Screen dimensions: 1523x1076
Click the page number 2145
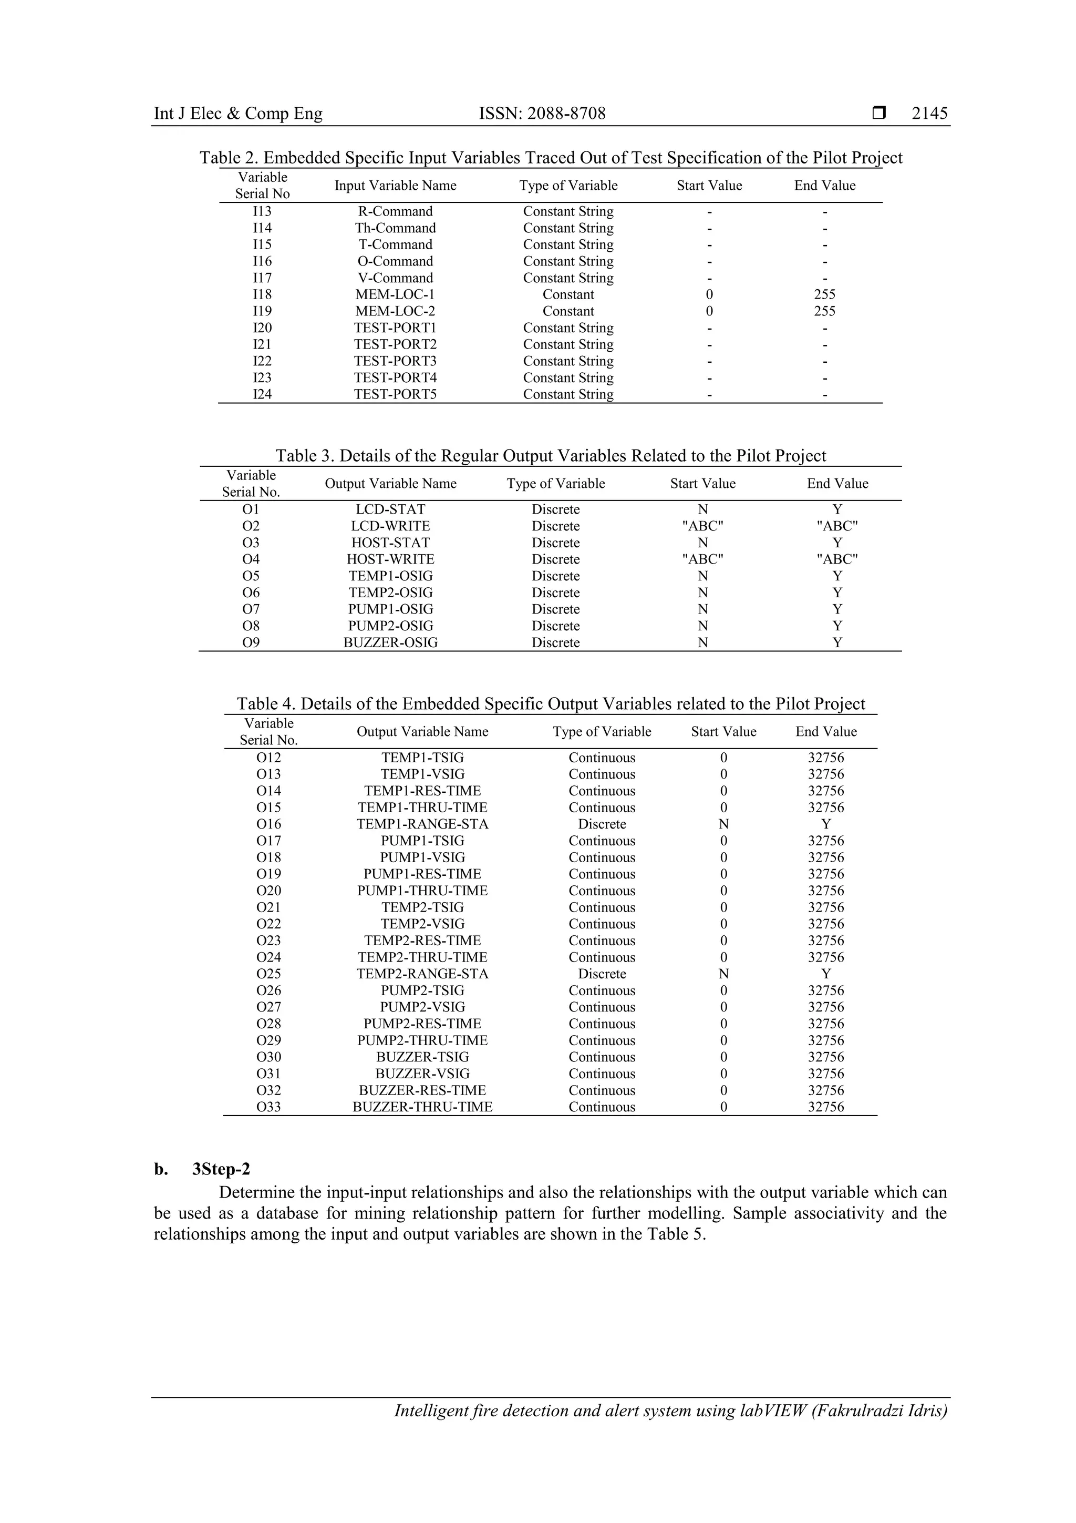pos(929,114)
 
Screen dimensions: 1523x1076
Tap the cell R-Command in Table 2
pos(395,212)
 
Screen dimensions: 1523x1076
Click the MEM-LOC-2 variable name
pos(395,311)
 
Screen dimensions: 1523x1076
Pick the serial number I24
pos(263,395)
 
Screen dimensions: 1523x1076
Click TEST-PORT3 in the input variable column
pos(395,362)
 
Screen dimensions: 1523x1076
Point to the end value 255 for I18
pos(825,294)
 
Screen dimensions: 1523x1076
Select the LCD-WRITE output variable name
pos(390,526)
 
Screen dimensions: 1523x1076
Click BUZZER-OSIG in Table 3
pos(390,643)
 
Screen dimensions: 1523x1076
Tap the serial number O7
pos(251,609)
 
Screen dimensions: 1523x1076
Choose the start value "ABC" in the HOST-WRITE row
pos(703,559)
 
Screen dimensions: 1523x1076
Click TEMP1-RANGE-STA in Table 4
pos(422,824)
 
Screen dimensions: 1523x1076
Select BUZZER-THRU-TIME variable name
pos(422,1107)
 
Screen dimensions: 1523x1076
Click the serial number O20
pos(268,891)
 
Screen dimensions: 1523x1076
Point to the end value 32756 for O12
pos(826,758)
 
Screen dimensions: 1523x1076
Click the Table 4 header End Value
pos(826,732)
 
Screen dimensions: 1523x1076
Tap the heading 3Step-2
pos(221,1169)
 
